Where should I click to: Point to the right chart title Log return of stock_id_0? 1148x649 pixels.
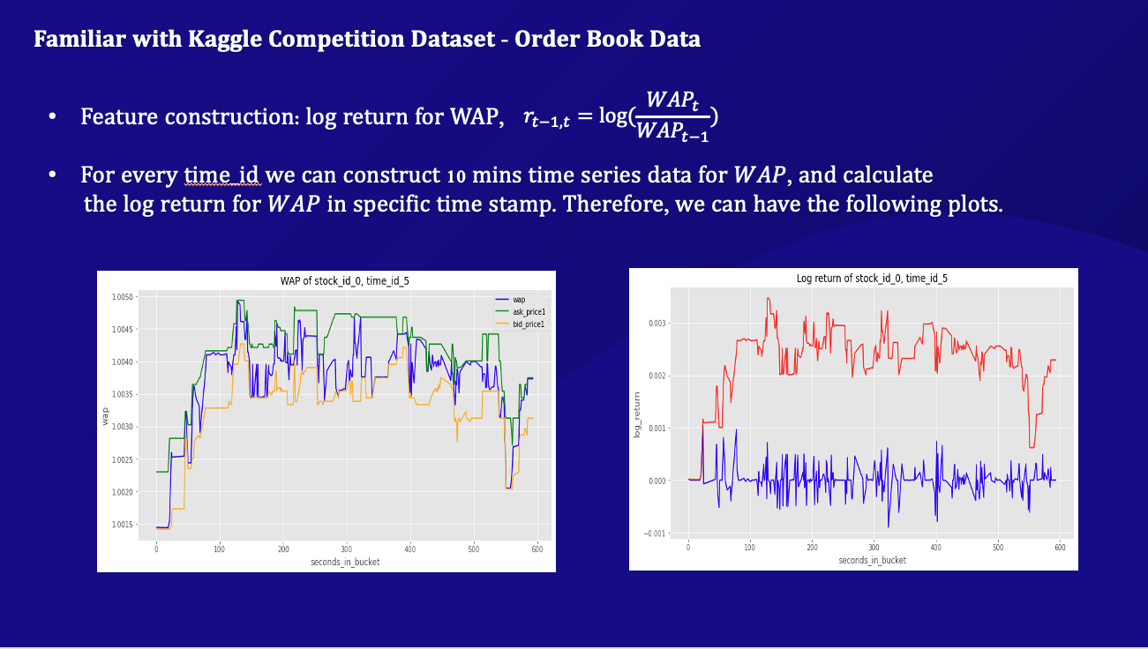coord(872,278)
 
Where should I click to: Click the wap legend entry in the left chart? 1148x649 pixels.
coord(519,301)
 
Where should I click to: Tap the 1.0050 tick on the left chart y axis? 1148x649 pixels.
coord(122,297)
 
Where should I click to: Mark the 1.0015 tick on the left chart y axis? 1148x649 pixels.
coord(122,525)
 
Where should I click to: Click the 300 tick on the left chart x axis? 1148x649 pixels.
coord(346,549)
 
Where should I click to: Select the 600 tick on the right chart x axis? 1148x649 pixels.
coord(1060,548)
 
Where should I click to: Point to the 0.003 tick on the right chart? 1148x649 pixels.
coord(657,324)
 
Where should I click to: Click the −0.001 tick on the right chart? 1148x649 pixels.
coord(655,533)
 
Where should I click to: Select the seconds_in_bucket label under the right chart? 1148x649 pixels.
coord(872,560)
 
